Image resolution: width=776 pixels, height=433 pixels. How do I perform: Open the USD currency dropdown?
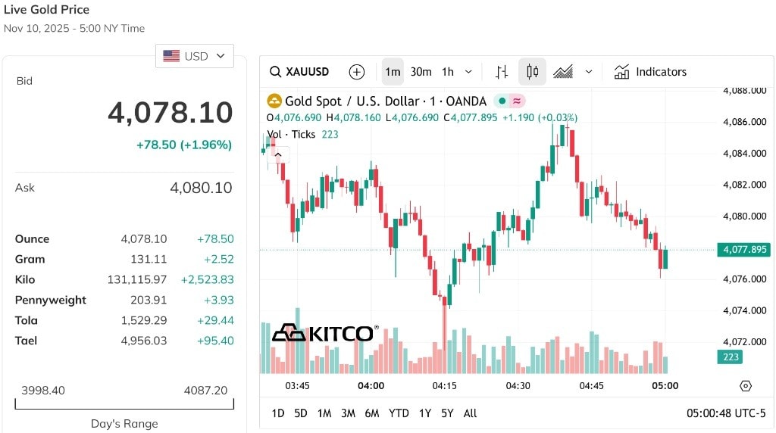(195, 56)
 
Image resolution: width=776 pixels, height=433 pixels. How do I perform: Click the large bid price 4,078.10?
(171, 112)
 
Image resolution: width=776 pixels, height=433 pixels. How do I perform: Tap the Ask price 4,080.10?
(201, 188)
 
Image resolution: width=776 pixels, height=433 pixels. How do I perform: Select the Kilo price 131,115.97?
(137, 280)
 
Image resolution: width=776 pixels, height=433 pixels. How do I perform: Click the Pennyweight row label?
(51, 300)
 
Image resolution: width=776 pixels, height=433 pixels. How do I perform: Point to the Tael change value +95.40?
(215, 341)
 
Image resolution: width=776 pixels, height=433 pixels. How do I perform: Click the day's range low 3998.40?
(43, 391)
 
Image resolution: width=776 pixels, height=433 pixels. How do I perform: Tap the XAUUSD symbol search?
(299, 72)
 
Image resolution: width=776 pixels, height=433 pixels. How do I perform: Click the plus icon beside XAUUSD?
(357, 72)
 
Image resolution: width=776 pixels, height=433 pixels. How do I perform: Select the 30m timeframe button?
(421, 72)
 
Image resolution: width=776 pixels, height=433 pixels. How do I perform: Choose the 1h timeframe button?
(448, 72)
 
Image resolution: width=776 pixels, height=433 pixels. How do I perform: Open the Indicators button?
(650, 72)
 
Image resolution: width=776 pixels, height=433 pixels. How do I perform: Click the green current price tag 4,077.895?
(744, 250)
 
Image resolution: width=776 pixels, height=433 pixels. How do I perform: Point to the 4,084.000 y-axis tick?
(745, 153)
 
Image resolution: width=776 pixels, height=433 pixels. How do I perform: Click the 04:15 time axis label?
(444, 385)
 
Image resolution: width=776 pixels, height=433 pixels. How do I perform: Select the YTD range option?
(399, 413)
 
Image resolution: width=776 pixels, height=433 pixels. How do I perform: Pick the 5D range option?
(301, 413)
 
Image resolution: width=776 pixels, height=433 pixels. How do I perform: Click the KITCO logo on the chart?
(325, 333)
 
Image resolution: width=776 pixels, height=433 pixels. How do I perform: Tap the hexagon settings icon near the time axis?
(746, 386)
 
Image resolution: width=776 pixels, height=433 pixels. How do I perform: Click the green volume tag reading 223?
(730, 357)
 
